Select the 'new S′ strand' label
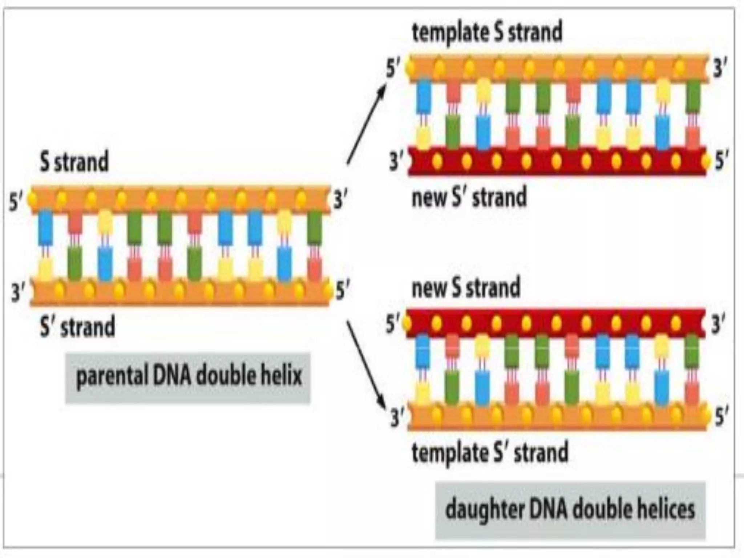pos(469,197)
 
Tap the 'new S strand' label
pos(466,288)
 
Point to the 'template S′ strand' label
pos(490,453)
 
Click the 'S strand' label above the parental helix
pos(74,162)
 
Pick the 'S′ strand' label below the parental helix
pos(77,326)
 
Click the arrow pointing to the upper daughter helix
pos(366,124)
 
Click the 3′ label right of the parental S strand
pos(340,200)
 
